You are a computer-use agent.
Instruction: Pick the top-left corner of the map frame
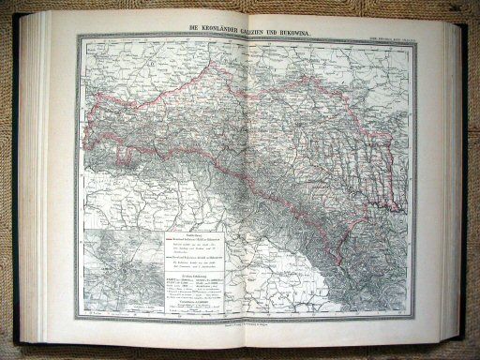pos(78,37)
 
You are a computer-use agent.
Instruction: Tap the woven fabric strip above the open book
pos(240,7)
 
